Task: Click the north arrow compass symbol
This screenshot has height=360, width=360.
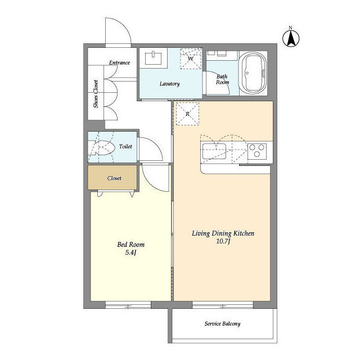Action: point(291,38)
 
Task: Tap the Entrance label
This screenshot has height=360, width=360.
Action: point(119,62)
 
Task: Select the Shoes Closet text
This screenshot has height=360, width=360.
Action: point(96,94)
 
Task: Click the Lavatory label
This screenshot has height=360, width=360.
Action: point(170,84)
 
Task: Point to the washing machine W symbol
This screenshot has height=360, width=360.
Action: point(191,58)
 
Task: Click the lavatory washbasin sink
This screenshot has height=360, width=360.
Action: point(154,58)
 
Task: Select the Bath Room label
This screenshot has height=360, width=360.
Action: point(222,79)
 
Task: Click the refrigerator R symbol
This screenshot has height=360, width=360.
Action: point(187,114)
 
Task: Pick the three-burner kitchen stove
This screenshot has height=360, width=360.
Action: point(257,151)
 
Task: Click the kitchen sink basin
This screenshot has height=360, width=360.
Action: point(214,151)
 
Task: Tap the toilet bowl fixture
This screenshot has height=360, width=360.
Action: point(103,147)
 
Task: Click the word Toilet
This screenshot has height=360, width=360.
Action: point(125,146)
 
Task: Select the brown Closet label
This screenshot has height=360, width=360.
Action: point(114,178)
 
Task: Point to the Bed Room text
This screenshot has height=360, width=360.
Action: point(131,245)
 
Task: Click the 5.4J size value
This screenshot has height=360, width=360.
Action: point(131,253)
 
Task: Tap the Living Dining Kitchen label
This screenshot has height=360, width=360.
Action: point(223,233)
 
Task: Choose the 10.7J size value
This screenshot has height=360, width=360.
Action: point(223,241)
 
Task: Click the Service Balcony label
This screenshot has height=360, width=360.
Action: point(222,324)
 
